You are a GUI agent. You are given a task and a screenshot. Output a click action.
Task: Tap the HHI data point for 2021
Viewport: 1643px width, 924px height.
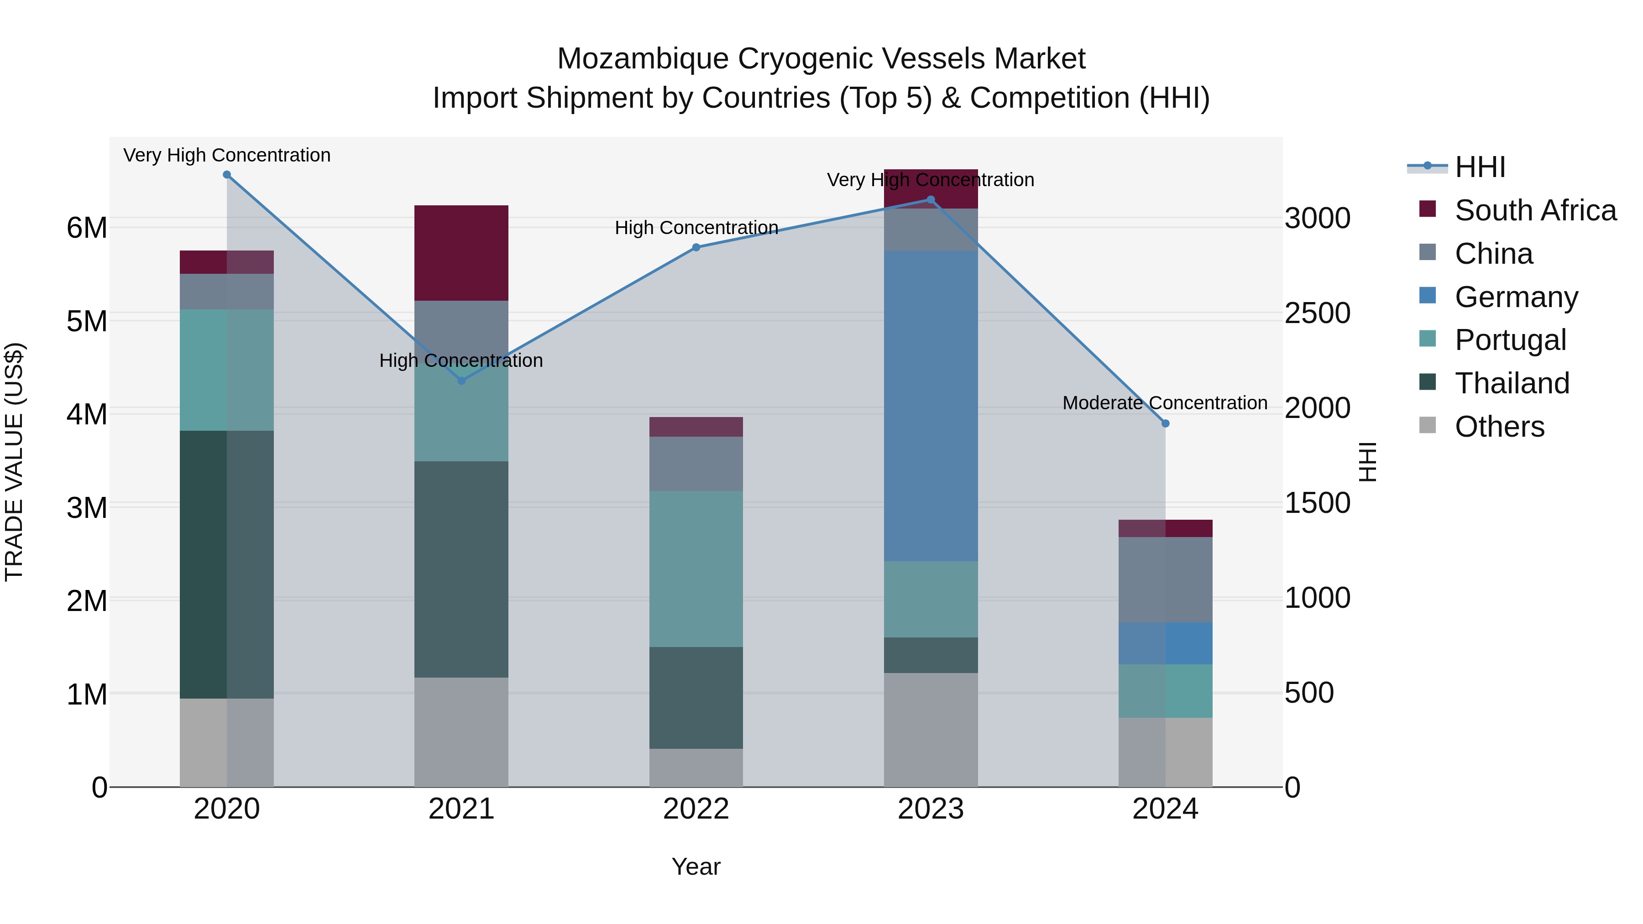point(462,381)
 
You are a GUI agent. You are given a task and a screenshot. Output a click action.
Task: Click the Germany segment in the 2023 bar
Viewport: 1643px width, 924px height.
point(931,406)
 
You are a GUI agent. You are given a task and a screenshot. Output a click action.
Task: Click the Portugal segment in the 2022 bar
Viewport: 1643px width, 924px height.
point(696,569)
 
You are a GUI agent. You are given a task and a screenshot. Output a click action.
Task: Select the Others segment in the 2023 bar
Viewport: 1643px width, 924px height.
point(931,730)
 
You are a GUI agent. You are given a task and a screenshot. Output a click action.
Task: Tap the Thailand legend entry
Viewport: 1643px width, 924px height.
point(1512,383)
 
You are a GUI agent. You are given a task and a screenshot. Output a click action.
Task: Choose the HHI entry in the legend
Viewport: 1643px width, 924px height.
point(1480,167)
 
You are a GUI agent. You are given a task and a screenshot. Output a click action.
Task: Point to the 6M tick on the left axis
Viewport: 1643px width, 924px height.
point(87,228)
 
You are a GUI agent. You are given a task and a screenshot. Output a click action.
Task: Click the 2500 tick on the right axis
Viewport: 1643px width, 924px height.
point(1317,313)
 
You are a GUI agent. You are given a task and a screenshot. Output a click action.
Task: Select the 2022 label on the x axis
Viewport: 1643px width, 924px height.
point(696,809)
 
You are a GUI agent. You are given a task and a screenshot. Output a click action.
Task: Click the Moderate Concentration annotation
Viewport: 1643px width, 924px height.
point(1165,403)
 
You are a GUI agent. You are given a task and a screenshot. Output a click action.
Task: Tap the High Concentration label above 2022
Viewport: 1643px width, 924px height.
point(696,228)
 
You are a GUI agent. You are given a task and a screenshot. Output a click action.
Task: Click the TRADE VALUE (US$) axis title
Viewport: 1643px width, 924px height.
point(14,462)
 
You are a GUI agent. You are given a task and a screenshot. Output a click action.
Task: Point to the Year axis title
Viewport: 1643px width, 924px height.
point(696,867)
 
